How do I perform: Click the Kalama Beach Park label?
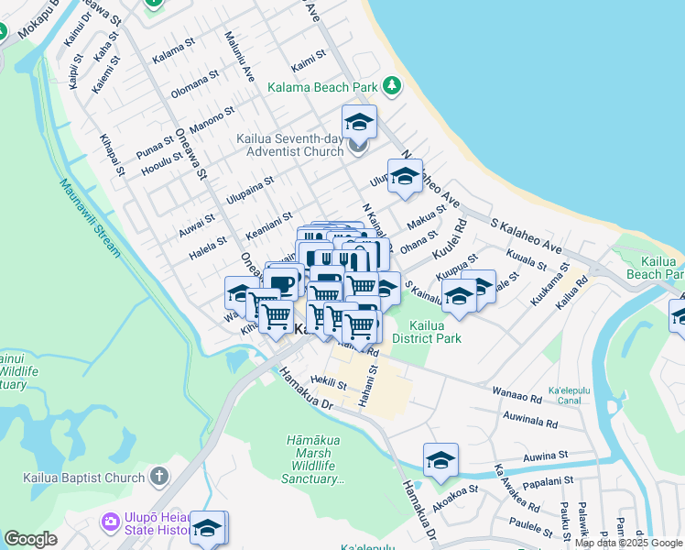coord(322,87)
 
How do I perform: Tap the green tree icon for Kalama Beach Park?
coord(392,86)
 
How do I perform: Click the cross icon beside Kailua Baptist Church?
coord(159,477)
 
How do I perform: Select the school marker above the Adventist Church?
coord(360,122)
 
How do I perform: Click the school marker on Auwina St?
coord(440,460)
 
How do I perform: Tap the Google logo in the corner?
coord(30,539)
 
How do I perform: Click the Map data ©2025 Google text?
coord(628,543)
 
